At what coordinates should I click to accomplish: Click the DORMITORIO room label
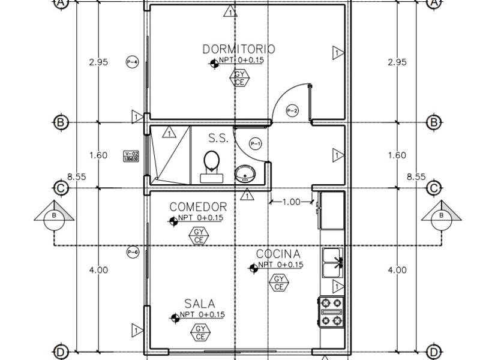click(239, 49)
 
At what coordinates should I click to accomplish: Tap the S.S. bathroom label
click(218, 138)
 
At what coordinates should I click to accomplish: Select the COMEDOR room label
click(198, 207)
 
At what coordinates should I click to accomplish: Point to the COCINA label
click(278, 254)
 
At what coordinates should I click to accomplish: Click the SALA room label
click(199, 304)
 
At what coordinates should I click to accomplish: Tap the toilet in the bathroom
click(211, 166)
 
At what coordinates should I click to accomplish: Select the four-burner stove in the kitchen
click(332, 311)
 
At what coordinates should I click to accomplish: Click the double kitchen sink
click(332, 262)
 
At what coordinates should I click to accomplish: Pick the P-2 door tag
click(292, 110)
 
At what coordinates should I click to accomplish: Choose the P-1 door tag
click(256, 143)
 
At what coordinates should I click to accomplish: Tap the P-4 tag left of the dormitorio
click(133, 62)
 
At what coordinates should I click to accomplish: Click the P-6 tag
click(133, 253)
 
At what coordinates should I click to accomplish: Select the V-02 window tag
click(131, 156)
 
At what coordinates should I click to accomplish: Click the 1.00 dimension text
click(291, 202)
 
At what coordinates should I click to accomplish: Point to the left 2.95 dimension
click(98, 62)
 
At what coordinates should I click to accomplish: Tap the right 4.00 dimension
click(397, 270)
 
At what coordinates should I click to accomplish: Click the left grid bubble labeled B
click(60, 122)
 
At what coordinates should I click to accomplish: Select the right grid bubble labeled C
click(434, 188)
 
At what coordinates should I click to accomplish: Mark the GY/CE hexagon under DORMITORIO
click(239, 78)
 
